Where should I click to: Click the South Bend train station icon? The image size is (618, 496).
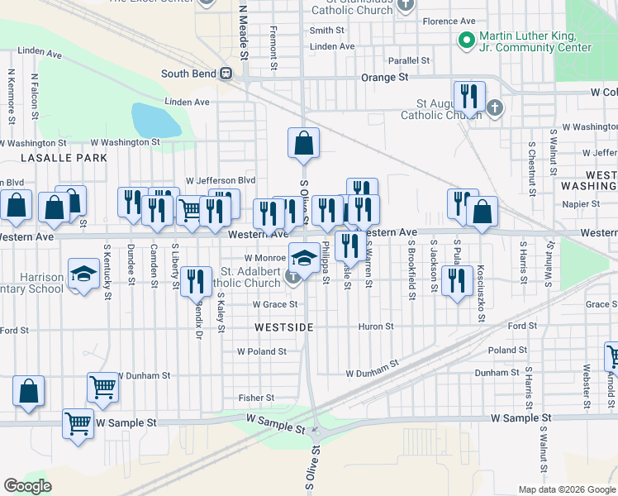[225, 74]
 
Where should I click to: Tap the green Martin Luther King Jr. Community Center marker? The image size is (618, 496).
[466, 39]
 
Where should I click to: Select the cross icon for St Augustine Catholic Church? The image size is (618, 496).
[494, 107]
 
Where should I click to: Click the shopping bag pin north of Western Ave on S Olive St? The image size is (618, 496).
[304, 143]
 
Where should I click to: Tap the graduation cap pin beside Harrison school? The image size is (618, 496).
[83, 274]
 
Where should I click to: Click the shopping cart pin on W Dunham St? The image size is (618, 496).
[103, 386]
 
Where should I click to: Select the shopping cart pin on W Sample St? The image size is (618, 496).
[78, 423]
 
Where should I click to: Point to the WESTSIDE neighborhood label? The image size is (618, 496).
[284, 327]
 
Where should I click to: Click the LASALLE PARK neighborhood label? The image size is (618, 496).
[54, 157]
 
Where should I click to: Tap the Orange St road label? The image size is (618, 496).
[385, 77]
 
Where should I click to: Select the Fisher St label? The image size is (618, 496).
[250, 398]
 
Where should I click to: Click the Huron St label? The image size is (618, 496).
[376, 327]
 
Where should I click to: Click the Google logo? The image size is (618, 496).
[27, 485]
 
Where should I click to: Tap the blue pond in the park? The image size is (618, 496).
[155, 121]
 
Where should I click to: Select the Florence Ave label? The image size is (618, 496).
[449, 21]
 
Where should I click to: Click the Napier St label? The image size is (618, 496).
[583, 203]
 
